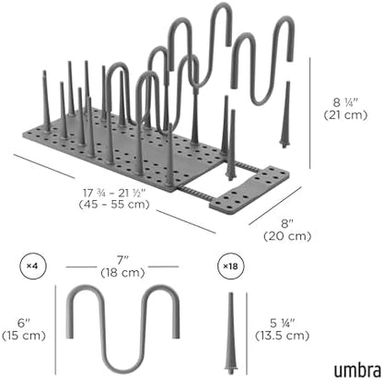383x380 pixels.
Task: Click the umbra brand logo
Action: click(x=357, y=370)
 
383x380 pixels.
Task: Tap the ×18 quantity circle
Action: click(x=230, y=266)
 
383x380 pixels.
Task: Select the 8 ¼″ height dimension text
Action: click(x=345, y=102)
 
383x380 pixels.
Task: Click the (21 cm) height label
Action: click(x=345, y=115)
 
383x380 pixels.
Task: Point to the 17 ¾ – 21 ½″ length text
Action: click(x=114, y=193)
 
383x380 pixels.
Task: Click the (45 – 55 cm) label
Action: click(x=114, y=204)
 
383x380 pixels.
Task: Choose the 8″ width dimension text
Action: click(x=287, y=223)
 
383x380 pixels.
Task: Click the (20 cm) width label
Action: click(x=287, y=236)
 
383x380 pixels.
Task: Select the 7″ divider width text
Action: click(x=122, y=260)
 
